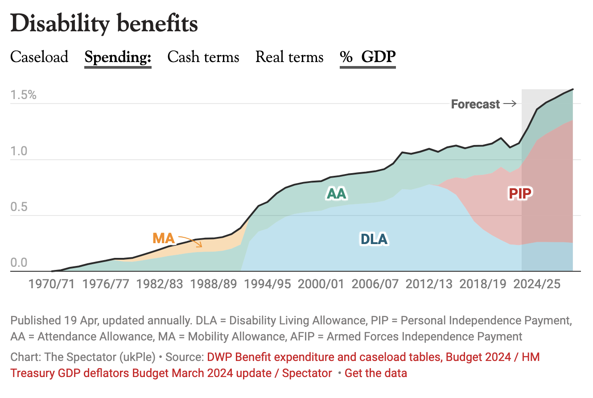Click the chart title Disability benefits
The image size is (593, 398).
tap(104, 23)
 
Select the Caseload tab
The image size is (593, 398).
tap(39, 57)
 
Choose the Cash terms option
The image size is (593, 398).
tap(203, 57)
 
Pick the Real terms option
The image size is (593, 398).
tap(289, 57)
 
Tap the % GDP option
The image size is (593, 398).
tap(368, 57)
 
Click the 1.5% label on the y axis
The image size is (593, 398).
tap(24, 95)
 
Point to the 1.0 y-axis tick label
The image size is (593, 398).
tap(20, 151)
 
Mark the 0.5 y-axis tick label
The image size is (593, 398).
tap(20, 207)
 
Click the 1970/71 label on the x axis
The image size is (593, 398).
tap(52, 284)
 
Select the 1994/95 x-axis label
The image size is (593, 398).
tap(267, 284)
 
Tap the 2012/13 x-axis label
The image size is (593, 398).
tap(429, 284)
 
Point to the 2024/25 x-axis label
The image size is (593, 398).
tap(537, 284)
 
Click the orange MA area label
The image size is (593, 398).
tap(163, 238)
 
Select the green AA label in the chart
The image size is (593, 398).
tap(337, 193)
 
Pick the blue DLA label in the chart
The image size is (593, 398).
tap(374, 239)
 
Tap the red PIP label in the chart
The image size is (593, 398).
tap(521, 193)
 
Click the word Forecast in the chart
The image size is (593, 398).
tap(475, 104)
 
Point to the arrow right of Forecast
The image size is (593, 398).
tap(510, 104)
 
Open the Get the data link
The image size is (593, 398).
tap(375, 373)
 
